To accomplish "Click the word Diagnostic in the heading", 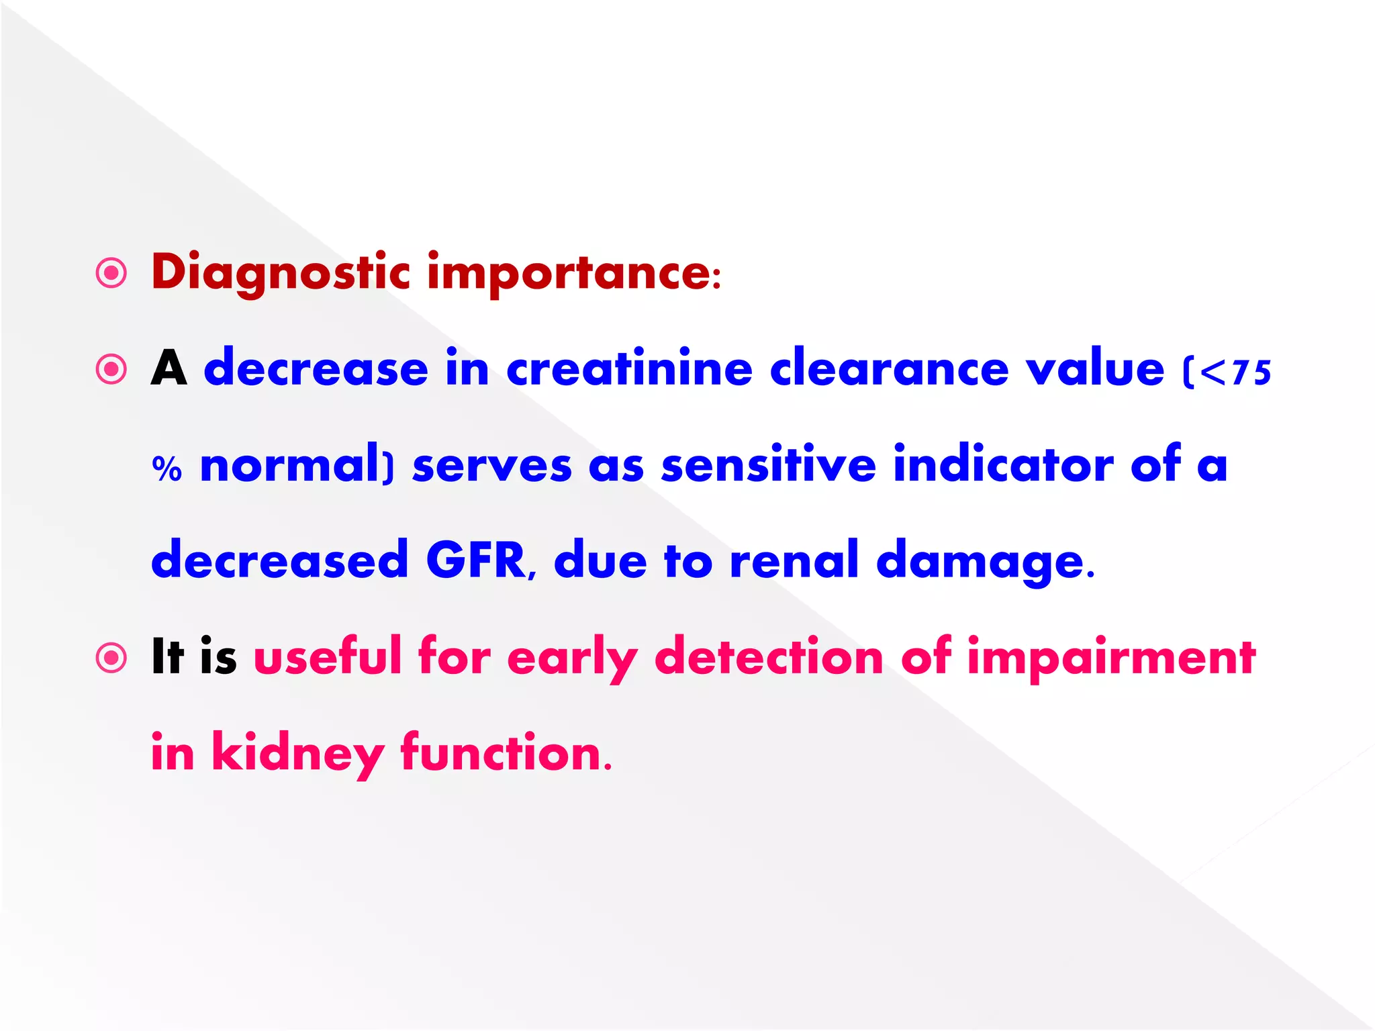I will coord(280,273).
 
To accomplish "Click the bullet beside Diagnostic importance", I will coord(111,273).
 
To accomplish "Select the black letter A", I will coord(169,369).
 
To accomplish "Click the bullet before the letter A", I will coord(111,369).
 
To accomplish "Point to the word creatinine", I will coord(629,369).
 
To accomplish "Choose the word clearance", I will coord(889,369).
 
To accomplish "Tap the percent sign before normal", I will coord(167,468).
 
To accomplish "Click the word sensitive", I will coord(768,464).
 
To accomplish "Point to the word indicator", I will coord(1003,464).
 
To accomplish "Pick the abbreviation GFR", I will coord(476,560).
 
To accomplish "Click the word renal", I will coord(794,560).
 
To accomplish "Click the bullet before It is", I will coord(111,658).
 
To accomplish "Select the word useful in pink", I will coord(327,656).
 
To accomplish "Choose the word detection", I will coord(768,656).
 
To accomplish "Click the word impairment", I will coord(1110,658).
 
